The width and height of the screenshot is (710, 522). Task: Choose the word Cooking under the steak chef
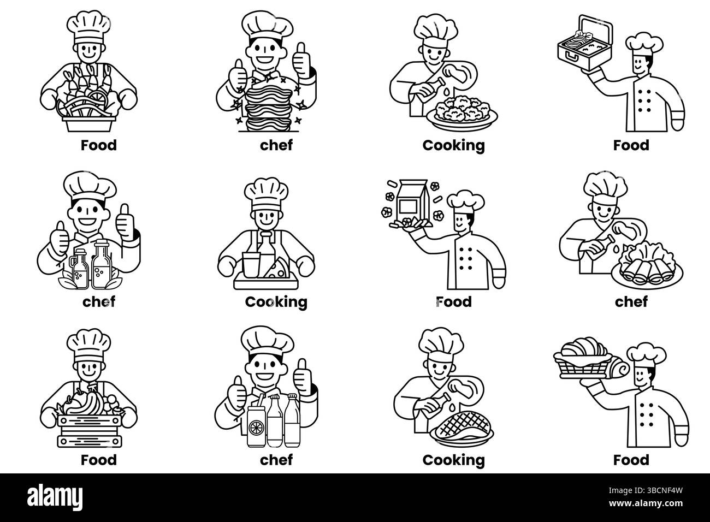(x=453, y=460)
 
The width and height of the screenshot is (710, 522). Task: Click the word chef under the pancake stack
(x=276, y=145)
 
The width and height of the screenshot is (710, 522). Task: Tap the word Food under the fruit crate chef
(x=99, y=460)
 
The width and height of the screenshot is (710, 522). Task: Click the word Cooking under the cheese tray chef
(x=276, y=302)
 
